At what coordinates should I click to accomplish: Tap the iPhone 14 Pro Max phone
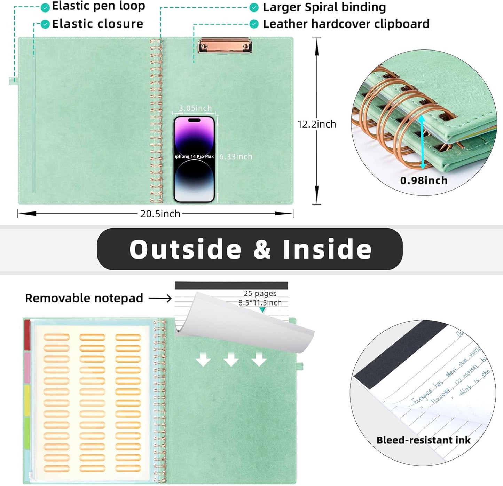point(194,159)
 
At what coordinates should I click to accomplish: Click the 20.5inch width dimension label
point(160,214)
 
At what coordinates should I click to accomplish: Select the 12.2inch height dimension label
point(317,124)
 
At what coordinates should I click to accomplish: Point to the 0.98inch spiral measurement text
point(424,180)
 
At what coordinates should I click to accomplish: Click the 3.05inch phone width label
point(195,108)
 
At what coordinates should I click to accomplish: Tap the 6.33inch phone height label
point(236,157)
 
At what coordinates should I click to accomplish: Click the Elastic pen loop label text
point(98,6)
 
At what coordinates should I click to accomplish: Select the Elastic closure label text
point(97,24)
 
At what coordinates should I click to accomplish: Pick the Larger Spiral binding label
point(324,7)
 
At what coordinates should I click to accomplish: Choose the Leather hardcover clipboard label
point(346,24)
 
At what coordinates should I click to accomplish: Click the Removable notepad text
point(84,298)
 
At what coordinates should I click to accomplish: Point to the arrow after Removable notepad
point(160,298)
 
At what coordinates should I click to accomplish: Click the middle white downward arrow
point(231,359)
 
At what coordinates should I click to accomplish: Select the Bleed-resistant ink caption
point(423,440)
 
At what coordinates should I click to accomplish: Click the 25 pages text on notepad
point(260,293)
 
